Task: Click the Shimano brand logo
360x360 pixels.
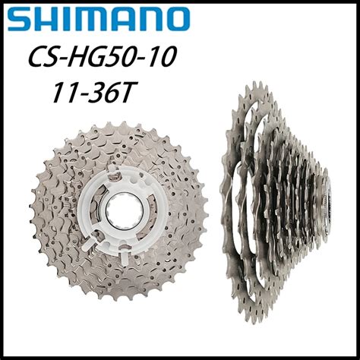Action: coord(99,19)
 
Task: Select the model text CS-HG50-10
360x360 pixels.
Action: coord(102,58)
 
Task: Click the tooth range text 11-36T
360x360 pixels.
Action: coord(93,93)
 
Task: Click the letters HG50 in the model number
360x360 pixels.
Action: coord(106,58)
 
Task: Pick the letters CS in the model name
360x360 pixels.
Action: coord(45,58)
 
